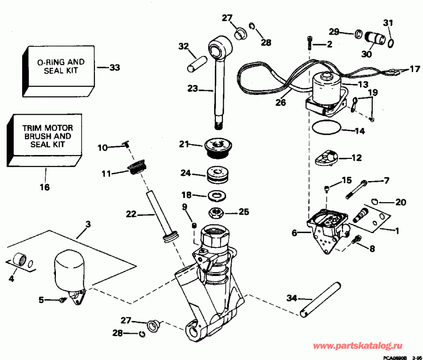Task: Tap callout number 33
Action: click(114, 68)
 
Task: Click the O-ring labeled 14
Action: click(325, 126)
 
